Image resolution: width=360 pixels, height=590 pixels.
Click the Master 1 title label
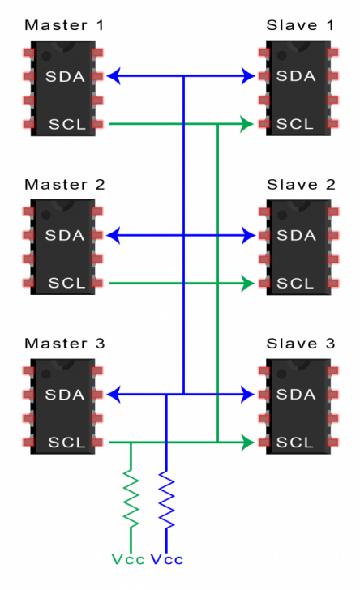65,25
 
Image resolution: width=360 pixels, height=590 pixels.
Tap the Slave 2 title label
301,184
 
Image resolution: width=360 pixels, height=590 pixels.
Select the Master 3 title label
65,343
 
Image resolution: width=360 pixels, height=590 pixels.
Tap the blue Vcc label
168,560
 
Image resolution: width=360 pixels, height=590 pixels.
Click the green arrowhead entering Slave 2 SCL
246,284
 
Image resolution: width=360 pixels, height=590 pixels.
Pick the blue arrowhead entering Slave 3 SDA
247,395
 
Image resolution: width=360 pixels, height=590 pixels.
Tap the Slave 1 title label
301,25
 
